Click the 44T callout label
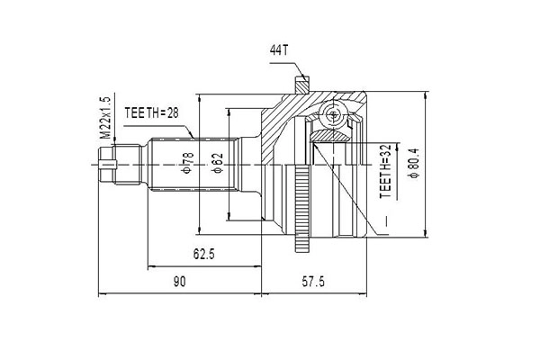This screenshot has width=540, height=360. pyautogui.click(x=278, y=51)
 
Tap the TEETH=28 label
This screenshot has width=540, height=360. pyautogui.click(x=152, y=112)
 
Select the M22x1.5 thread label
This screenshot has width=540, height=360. pyautogui.click(x=105, y=118)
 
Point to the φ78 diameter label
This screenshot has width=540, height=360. pyautogui.click(x=188, y=163)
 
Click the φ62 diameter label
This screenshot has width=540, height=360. pyautogui.click(x=218, y=163)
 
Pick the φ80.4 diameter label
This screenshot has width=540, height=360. pyautogui.click(x=413, y=163)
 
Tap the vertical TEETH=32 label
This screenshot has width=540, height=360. pyautogui.click(x=386, y=171)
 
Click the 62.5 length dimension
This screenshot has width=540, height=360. pyautogui.click(x=204, y=254)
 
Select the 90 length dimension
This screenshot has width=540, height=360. pyautogui.click(x=179, y=282)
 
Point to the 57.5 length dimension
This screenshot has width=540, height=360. pyautogui.click(x=313, y=282)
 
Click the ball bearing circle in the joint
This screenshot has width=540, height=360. pyautogui.click(x=333, y=115)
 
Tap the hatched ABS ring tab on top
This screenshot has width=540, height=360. pyautogui.click(x=301, y=84)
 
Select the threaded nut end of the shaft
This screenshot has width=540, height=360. pyautogui.click(x=121, y=165)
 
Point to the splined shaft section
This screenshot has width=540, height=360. pyautogui.click(x=193, y=165)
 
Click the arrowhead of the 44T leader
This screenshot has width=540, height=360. pyautogui.click(x=304, y=79)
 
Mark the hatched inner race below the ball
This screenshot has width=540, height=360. pyautogui.click(x=329, y=135)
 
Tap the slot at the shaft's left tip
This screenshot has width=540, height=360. pyautogui.click(x=107, y=165)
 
